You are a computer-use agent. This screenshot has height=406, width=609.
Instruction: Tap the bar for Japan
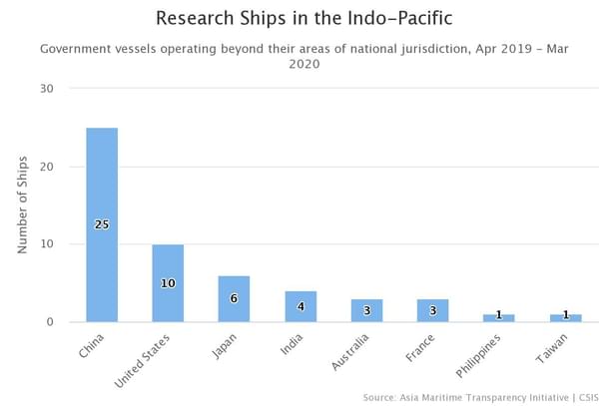234,298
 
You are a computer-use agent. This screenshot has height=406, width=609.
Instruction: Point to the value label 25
102,224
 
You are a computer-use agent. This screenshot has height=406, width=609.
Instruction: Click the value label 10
168,283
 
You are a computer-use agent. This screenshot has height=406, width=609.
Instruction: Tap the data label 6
234,298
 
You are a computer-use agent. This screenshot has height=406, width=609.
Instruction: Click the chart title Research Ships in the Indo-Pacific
303,18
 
